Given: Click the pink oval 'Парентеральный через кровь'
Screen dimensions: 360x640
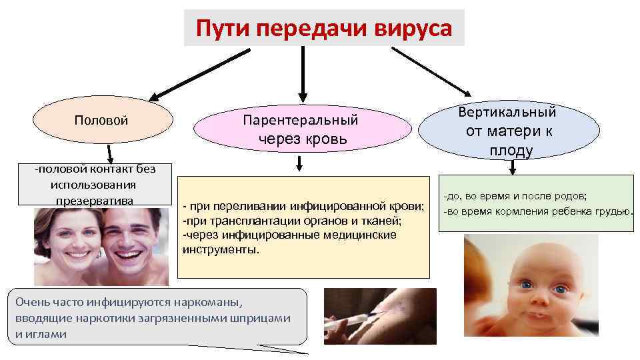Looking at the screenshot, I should pos(301,129).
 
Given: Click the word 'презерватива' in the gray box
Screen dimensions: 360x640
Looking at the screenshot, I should pos(95,199).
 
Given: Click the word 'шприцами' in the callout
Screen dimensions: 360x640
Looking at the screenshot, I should pos(266,318).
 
